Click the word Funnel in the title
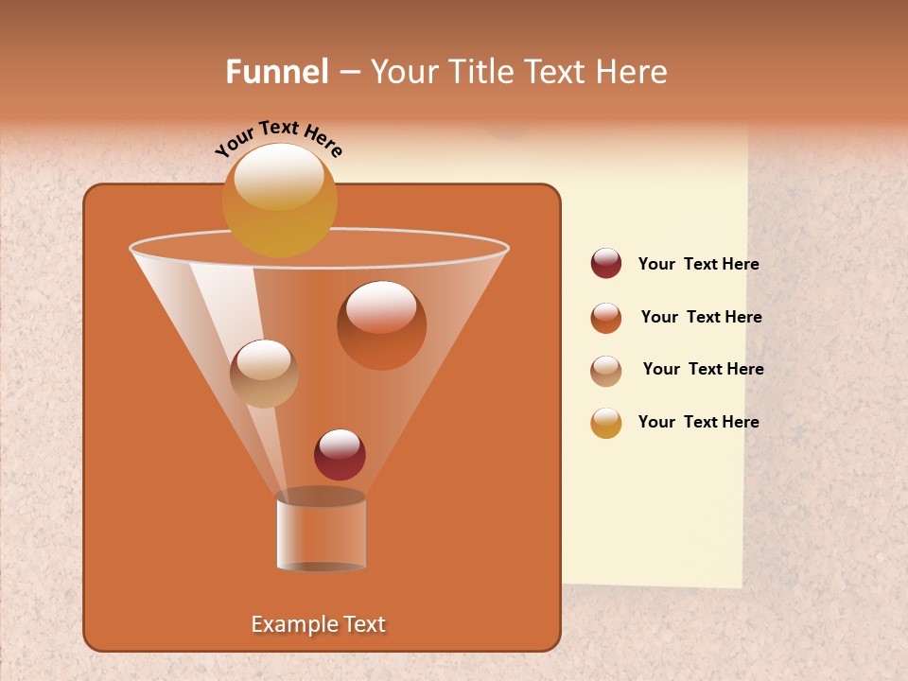pyautogui.click(x=276, y=72)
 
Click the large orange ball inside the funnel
pyautogui.click(x=381, y=325)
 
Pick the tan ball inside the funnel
pyautogui.click(x=264, y=374)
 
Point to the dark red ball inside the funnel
pyautogui.click(x=340, y=455)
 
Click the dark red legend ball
pyautogui.click(x=606, y=264)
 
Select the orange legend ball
pyautogui.click(x=606, y=318)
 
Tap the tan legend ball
pyautogui.click(x=606, y=370)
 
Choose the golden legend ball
pyautogui.click(x=606, y=423)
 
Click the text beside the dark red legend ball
pyautogui.click(x=698, y=265)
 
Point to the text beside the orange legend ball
pyautogui.click(x=701, y=318)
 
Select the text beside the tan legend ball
pyautogui.click(x=703, y=370)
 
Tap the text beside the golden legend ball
pyautogui.click(x=698, y=423)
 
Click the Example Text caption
pyautogui.click(x=318, y=624)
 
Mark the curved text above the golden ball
pyautogui.click(x=278, y=137)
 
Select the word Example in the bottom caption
pyautogui.click(x=290, y=624)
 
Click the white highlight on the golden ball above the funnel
pyautogui.click(x=279, y=176)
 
